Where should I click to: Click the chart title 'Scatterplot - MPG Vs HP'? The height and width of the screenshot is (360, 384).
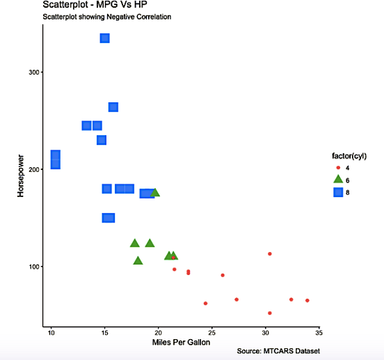[95, 6]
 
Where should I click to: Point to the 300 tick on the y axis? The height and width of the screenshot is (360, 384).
[33, 72]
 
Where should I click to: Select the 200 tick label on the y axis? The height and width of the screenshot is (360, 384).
[33, 169]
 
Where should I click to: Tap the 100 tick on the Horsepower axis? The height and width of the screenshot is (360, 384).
[33, 267]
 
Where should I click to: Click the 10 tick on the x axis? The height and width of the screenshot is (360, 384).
[51, 332]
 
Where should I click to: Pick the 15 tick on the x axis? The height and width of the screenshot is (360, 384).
[104, 332]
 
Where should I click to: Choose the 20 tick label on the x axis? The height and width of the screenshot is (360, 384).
[158, 332]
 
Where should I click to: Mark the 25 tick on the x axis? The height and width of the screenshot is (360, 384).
[211, 332]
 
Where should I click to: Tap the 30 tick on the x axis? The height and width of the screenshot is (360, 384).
[265, 332]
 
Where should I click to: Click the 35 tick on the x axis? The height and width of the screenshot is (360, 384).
[319, 332]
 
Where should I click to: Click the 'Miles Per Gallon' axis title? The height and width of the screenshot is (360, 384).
[181, 343]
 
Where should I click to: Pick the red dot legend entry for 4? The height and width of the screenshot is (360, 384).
[338, 168]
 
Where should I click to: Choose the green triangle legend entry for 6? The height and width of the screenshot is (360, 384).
[338, 180]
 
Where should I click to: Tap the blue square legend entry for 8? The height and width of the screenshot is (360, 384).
[338, 192]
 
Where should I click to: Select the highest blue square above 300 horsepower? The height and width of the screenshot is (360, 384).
[104, 38]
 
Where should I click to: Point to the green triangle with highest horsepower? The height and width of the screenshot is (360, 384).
[155, 192]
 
